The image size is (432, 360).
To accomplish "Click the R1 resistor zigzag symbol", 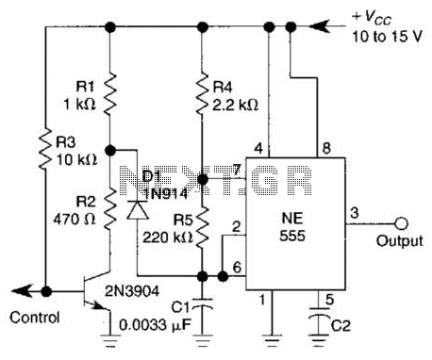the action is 109,94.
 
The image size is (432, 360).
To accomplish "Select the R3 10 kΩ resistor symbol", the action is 45,149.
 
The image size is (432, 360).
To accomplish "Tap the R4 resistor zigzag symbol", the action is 202,94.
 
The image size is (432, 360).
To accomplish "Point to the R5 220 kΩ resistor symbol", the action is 202,225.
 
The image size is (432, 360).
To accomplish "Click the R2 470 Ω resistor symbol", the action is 109,209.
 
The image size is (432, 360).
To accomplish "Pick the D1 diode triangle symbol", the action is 138,210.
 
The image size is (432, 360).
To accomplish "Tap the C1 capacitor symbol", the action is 202,305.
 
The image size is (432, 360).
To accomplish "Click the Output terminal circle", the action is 401,224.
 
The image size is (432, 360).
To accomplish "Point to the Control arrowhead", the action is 22,291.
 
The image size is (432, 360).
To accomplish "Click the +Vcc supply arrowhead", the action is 319,26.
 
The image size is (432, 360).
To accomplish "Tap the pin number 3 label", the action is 355,213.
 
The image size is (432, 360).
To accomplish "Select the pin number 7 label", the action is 237,171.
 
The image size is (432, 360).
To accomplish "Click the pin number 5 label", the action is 329,300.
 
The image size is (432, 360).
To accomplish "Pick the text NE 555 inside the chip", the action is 292,226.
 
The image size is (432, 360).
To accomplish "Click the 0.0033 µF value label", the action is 155,325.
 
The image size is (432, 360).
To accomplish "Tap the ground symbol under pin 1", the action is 272,339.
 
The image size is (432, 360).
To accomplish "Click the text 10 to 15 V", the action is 387,37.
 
